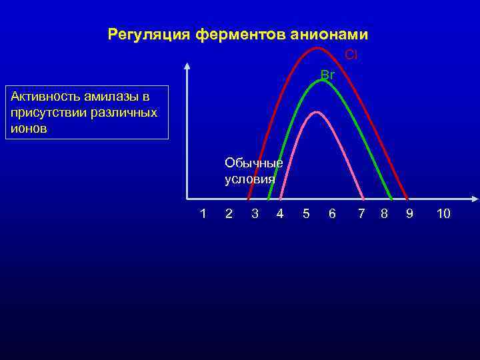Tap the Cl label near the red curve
click(351, 55)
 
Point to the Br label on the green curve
click(327, 75)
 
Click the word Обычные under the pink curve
click(253, 163)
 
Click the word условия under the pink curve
click(250, 179)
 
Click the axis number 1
click(203, 213)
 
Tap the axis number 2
click(229, 213)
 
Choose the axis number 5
click(306, 213)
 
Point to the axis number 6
click(332, 213)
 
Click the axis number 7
click(361, 213)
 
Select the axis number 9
click(409, 213)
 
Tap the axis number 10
click(443, 213)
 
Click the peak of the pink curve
click(321, 112)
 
